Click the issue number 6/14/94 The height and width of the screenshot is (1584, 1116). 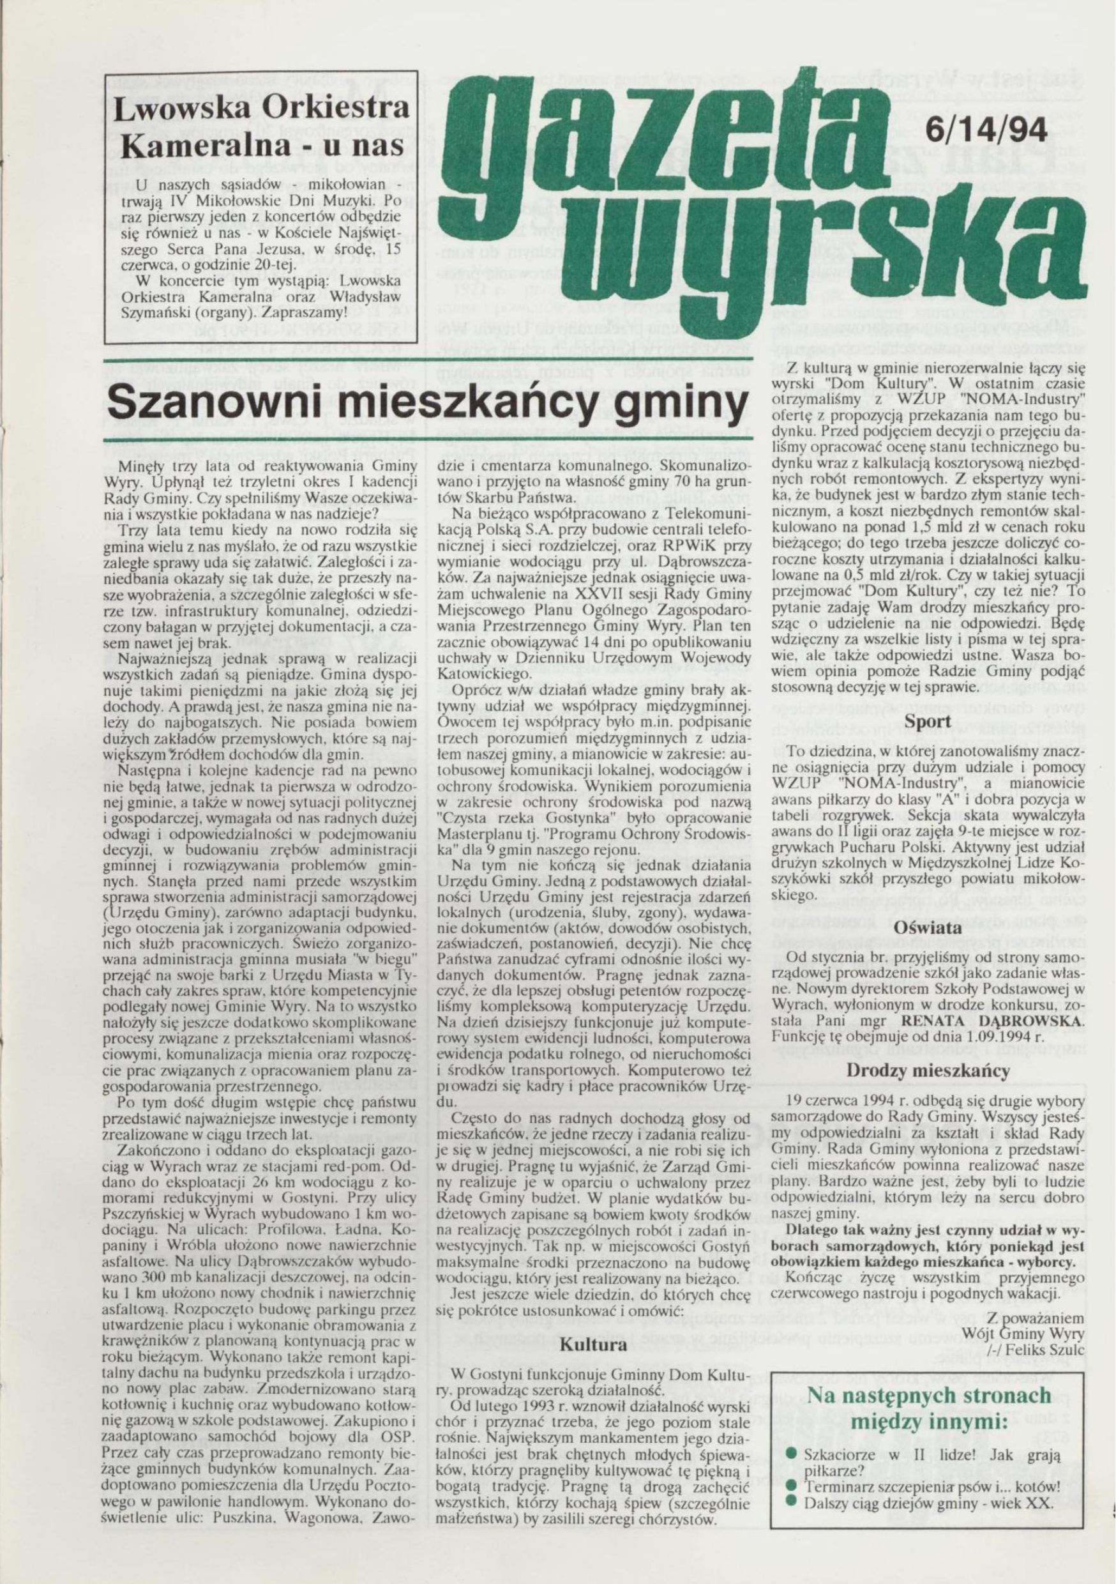click(x=986, y=130)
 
